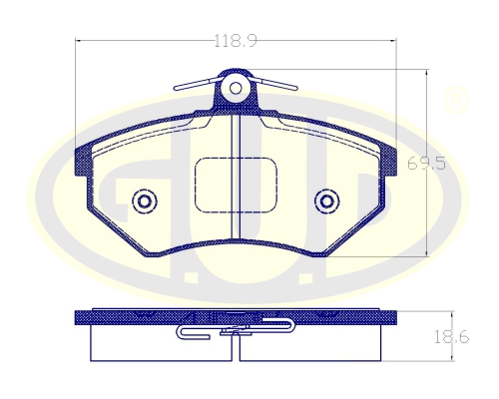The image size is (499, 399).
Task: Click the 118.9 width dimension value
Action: pyautogui.click(x=236, y=41)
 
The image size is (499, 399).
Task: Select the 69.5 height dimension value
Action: pyautogui.click(x=427, y=164)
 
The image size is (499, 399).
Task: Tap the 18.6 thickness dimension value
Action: pyautogui.click(x=451, y=337)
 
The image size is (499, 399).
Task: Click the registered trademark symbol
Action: pyautogui.click(x=457, y=100)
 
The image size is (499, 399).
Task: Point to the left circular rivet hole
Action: pyautogui.click(x=145, y=201)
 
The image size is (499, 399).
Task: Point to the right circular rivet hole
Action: pyautogui.click(x=327, y=201)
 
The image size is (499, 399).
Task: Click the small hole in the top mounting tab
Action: pyautogui.click(x=236, y=88)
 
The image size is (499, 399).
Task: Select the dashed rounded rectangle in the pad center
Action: pyautogui.click(x=236, y=185)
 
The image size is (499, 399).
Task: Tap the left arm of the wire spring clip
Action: pyautogui.click(x=197, y=84)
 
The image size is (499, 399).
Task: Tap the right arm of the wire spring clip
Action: pyautogui.click(x=274, y=84)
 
